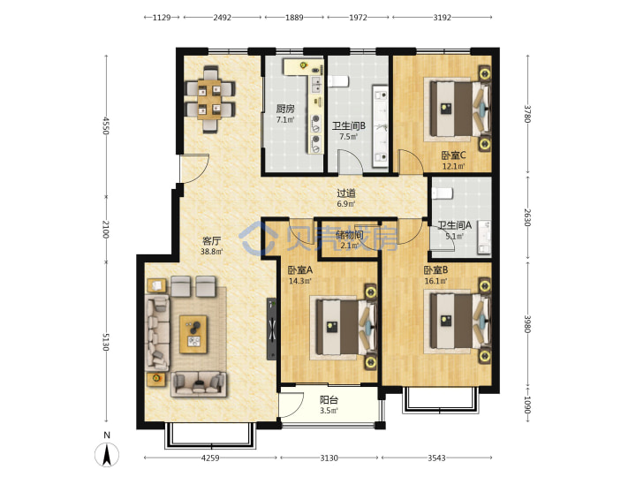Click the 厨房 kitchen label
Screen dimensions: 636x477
[x=285, y=109]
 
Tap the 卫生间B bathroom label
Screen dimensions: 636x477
[x=348, y=126]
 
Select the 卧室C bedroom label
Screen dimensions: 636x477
[x=453, y=155]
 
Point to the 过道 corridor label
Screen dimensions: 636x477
[x=346, y=193]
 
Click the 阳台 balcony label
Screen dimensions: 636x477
[x=329, y=400]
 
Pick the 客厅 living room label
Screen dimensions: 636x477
[x=211, y=241]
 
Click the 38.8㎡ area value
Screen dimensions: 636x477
[x=211, y=252]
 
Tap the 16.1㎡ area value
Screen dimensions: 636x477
[x=435, y=281]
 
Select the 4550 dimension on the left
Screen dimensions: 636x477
[x=106, y=125]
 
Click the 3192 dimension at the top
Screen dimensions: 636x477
[x=443, y=18]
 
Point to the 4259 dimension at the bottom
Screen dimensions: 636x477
[x=210, y=458]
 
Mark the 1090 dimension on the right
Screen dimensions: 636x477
[x=527, y=405]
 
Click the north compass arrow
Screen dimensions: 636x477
[x=107, y=455]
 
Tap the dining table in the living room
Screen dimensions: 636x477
[x=209, y=99]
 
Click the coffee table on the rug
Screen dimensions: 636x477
[x=193, y=335]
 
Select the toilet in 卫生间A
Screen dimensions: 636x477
[x=443, y=193]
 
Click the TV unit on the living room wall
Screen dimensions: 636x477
[x=271, y=329]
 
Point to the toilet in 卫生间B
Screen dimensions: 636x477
[x=337, y=81]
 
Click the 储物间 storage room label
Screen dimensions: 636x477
[x=349, y=234]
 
